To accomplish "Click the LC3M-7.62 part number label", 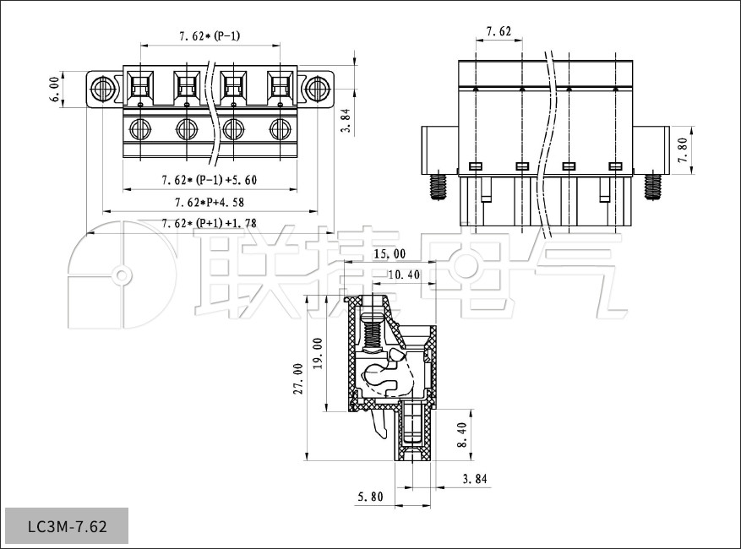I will (x=67, y=526).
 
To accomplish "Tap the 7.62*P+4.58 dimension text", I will (x=209, y=203).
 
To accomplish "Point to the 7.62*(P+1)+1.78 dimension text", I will (x=209, y=224).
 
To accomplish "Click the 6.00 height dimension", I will (x=55, y=89).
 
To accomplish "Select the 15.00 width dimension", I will (x=390, y=253).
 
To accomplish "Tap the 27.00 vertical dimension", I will (x=297, y=378).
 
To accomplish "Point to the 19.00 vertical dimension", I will (x=318, y=352).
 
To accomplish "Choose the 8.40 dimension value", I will (x=460, y=435).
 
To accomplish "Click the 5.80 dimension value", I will (x=368, y=497).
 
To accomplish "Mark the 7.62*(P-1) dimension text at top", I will (x=209, y=35).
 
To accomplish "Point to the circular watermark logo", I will (x=122, y=275).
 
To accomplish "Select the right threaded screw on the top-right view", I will (x=652, y=186).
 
